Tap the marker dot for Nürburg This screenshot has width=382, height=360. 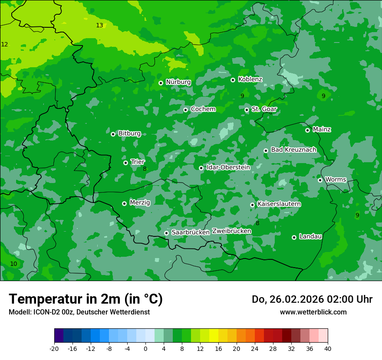pos(161,83)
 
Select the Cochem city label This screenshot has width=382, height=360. pos(203,109)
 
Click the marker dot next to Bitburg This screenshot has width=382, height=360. pos(113,134)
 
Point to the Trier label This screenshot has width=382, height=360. pos(138,162)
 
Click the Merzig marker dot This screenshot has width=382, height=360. pos(124,203)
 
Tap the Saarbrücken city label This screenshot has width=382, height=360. pos(191,232)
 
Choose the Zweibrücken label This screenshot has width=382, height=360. pos(231,231)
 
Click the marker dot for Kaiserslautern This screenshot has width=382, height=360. pos(252,205)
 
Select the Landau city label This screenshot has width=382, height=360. pos(310,236)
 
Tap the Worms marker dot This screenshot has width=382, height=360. pos(320,180)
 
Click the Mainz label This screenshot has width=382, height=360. pos(322,129)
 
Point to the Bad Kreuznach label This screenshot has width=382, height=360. pos(293,150)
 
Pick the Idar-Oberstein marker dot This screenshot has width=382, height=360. pos(201,168)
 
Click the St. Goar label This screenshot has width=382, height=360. pos(264,109)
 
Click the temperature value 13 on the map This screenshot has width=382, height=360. pos(99,25)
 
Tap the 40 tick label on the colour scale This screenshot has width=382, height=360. pos(328,348)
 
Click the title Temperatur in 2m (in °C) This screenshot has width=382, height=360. pos(86,299)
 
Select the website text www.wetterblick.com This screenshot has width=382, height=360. pos(313,312)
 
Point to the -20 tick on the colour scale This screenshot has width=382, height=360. pos(54,348)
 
